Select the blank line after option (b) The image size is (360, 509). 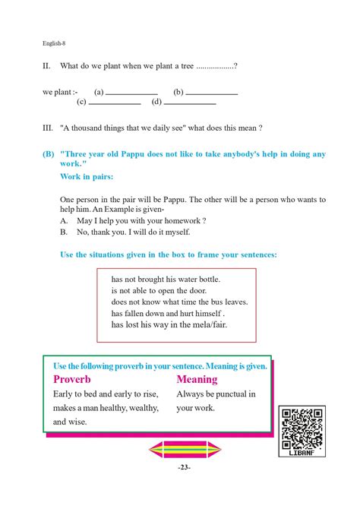tap(213, 94)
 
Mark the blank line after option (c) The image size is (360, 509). tap(115, 103)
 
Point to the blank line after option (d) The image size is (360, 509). tap(191, 103)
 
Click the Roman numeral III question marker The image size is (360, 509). tap(48, 128)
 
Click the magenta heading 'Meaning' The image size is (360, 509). tap(197, 379)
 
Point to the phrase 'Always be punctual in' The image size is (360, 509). tap(216, 394)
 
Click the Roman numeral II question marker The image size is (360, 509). tap(46, 67)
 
